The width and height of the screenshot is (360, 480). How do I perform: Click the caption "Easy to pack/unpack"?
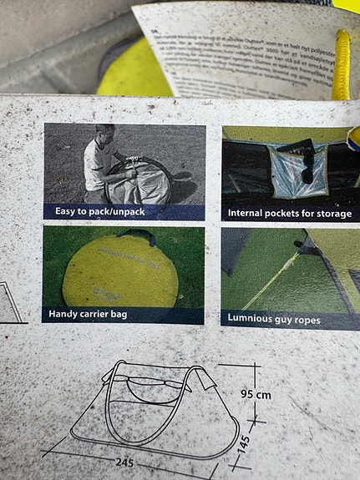[x=100, y=212]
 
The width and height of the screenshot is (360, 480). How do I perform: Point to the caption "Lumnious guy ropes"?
[x=274, y=318]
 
